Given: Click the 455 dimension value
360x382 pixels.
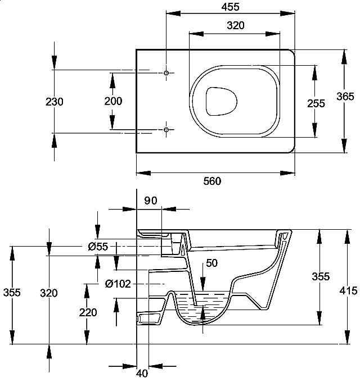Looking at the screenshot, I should [231, 7].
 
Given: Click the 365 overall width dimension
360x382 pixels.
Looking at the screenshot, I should [345, 96].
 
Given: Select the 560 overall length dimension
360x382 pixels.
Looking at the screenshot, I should [212, 181].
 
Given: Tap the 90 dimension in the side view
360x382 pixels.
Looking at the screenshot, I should [151, 201].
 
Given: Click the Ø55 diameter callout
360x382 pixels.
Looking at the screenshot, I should [98, 247].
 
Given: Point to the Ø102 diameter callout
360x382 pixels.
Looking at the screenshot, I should [118, 284].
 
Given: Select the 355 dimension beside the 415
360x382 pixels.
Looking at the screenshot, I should [321, 276].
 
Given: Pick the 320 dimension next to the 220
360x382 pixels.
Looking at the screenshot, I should [49, 293].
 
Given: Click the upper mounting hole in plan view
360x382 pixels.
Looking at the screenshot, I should [166, 74].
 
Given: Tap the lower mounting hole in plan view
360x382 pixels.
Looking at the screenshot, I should [166, 130].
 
